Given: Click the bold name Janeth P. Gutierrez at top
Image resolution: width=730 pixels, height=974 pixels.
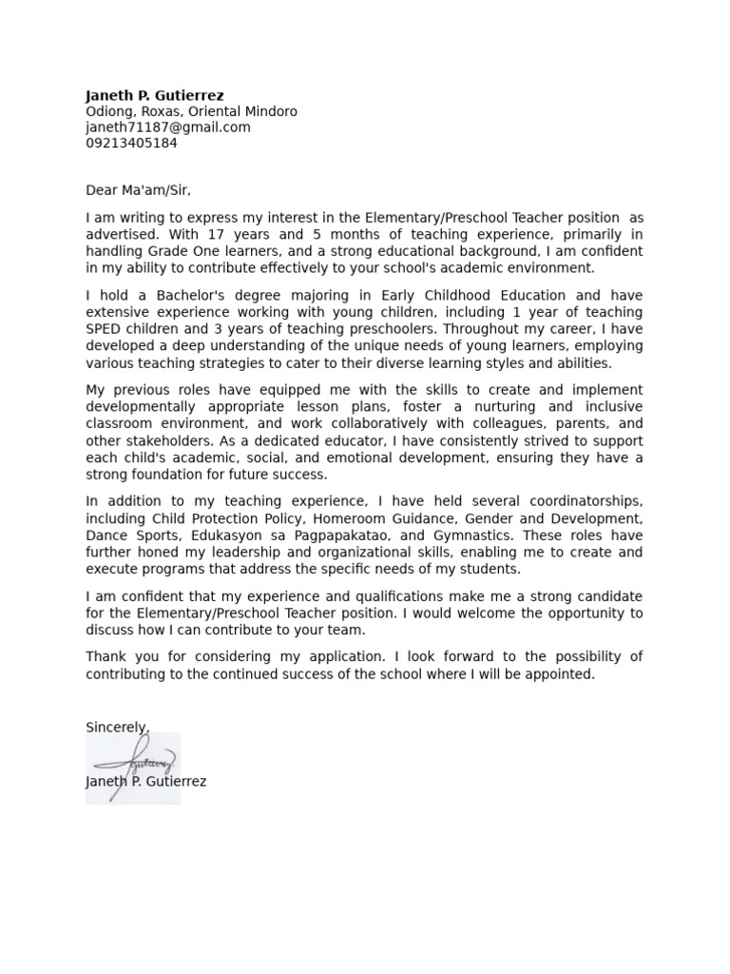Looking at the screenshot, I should tap(155, 95).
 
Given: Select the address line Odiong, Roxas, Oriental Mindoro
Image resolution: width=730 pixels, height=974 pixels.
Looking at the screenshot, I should tap(191, 111).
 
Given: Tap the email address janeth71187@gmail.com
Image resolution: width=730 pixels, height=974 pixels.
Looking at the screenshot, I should tap(168, 127).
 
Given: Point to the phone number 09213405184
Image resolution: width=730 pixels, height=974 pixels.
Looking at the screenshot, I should tap(131, 144).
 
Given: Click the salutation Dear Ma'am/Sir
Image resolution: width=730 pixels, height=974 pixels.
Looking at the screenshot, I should tap(138, 190).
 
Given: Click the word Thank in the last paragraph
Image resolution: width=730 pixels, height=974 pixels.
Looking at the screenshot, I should tap(106, 657).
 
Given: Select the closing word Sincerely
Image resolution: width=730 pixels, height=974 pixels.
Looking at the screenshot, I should tap(117, 728).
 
